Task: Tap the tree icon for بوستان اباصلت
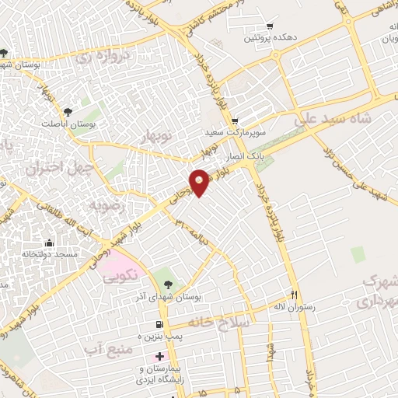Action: coord(68,112)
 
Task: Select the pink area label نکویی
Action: coord(121,274)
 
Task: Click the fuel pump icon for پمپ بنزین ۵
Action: coord(160,324)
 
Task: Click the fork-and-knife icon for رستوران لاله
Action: coord(294,295)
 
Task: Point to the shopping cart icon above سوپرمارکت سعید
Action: coord(235,120)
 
